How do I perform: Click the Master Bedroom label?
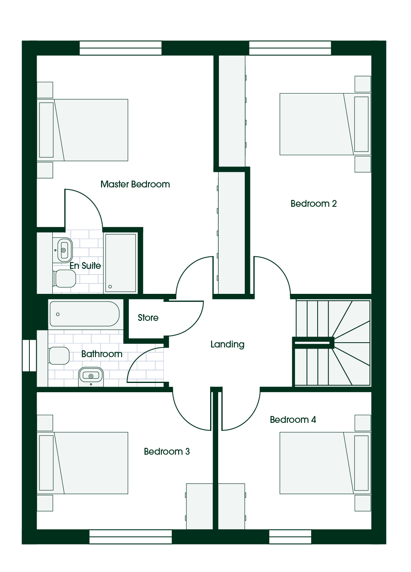(x=135, y=184)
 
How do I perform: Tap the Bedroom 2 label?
(x=314, y=204)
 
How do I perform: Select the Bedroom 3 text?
(x=167, y=451)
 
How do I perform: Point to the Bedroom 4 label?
(x=293, y=420)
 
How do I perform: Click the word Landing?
(x=227, y=345)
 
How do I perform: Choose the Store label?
(x=148, y=318)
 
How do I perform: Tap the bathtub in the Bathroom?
(x=85, y=314)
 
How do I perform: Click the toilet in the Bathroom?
(x=59, y=356)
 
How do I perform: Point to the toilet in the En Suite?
(x=64, y=279)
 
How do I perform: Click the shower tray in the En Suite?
(x=121, y=263)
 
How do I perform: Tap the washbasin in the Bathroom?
(x=91, y=376)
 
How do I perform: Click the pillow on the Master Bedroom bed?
(x=46, y=130)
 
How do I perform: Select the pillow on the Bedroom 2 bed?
(x=361, y=124)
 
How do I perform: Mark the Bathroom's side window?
(x=29, y=355)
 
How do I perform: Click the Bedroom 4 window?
(x=290, y=537)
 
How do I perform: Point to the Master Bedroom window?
(x=121, y=48)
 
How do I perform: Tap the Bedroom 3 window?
(x=130, y=537)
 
